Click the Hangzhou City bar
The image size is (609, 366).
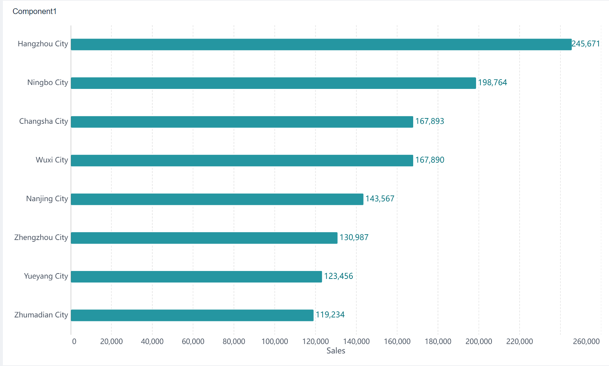[321, 44]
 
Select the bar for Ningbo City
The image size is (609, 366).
[273, 83]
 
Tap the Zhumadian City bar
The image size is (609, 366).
[192, 315]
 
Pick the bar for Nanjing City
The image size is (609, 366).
[217, 199]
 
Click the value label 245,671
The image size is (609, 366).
[586, 44]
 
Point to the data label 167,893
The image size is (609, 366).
[430, 121]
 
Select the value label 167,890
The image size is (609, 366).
[430, 160]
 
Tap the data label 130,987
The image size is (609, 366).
[354, 238]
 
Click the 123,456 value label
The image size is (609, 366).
[338, 276]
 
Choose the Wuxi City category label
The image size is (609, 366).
[52, 160]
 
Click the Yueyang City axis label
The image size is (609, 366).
[46, 276]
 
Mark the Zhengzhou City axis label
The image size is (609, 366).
[41, 238]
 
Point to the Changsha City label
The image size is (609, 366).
[43, 121]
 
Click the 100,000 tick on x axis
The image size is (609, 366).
[274, 342]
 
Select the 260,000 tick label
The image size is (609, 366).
[586, 342]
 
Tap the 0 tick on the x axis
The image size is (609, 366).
[74, 342]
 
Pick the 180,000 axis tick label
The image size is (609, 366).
[438, 342]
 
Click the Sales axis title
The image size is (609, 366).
[336, 351]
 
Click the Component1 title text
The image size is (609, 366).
[34, 12]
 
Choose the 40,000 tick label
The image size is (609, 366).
[152, 342]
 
